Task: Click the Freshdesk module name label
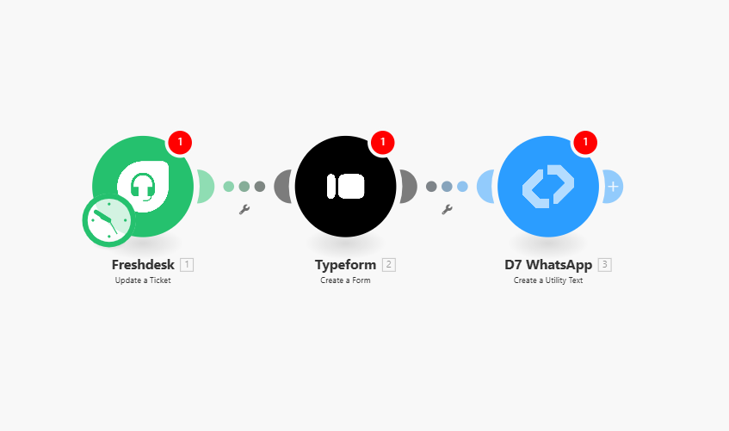tap(143, 265)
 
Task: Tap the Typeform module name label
tap(345, 265)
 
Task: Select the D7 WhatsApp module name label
tap(548, 265)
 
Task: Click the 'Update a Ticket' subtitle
tap(143, 280)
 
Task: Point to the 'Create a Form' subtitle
tap(345, 280)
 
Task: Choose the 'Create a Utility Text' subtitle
tap(548, 280)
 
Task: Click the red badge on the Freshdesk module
tap(180, 142)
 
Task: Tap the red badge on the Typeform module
tap(383, 142)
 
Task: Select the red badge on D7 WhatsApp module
tap(585, 142)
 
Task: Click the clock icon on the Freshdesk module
tap(108, 220)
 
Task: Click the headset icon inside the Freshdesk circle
tap(143, 187)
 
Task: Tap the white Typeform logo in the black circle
tap(345, 187)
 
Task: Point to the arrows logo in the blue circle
tap(548, 187)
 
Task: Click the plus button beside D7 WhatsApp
tap(613, 187)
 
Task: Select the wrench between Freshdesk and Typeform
tap(244, 210)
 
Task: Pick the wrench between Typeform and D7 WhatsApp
tap(448, 210)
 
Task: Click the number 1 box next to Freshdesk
tap(187, 265)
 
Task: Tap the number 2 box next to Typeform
tap(389, 265)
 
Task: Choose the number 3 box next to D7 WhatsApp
tap(605, 265)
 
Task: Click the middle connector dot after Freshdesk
tap(244, 187)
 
